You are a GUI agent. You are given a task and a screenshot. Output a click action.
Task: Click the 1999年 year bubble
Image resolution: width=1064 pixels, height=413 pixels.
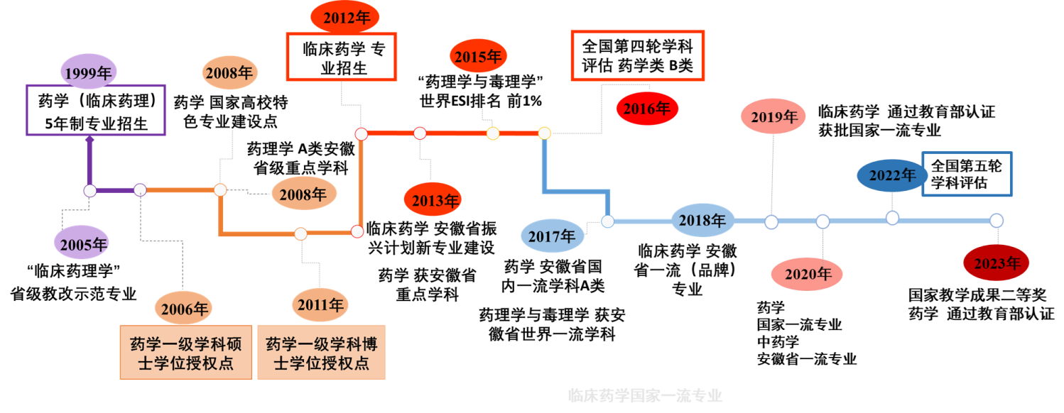tap(89, 73)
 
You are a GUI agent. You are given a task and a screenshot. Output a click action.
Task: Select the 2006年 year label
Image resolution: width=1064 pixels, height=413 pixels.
tap(185, 309)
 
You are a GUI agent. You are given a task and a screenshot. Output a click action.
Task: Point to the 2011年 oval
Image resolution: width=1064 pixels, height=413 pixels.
tap(320, 305)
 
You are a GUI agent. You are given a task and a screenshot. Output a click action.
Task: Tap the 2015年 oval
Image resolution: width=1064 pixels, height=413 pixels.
tap(478, 57)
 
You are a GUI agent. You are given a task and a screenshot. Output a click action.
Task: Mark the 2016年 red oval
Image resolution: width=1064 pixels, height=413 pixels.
tap(646, 109)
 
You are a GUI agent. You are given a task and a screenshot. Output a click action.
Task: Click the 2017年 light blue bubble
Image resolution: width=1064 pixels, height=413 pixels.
tap(552, 236)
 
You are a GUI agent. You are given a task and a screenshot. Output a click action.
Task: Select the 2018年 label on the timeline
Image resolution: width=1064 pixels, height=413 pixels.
tap(702, 221)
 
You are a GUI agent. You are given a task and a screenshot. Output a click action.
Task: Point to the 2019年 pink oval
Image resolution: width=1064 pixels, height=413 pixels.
tap(773, 117)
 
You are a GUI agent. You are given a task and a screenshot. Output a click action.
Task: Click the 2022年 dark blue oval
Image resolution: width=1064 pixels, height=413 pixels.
tap(892, 175)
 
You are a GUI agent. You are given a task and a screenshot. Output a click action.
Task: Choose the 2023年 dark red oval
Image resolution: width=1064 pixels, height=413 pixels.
tap(997, 263)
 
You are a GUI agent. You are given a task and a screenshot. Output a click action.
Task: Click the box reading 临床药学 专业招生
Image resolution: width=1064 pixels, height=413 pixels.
tap(341, 57)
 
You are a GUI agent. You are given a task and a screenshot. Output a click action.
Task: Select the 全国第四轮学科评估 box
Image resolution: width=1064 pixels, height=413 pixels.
tap(638, 55)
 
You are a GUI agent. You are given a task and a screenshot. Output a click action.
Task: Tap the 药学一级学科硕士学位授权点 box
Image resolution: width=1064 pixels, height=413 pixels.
tap(186, 353)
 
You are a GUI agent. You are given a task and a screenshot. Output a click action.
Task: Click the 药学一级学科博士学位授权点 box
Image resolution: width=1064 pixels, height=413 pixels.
tap(321, 353)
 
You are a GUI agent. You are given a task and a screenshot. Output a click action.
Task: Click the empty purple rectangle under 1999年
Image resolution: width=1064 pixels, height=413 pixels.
tap(96, 110)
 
